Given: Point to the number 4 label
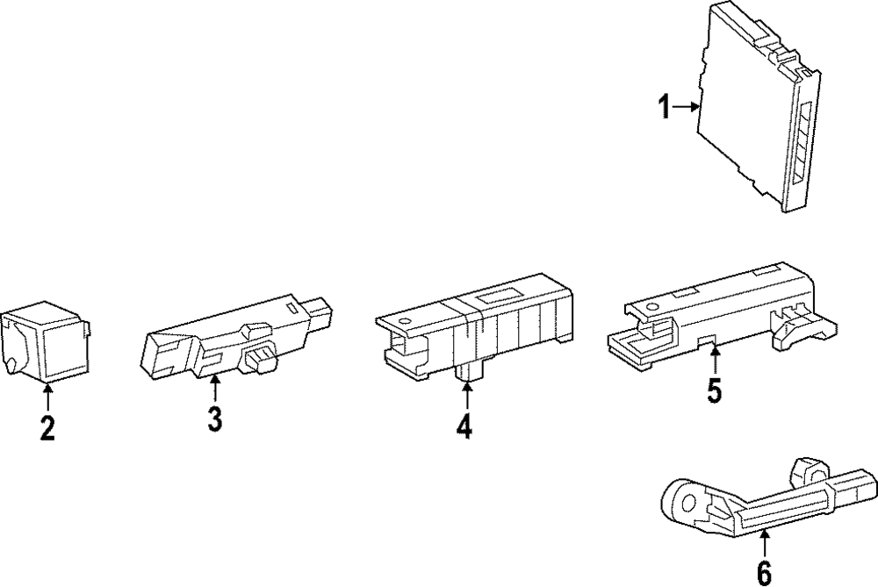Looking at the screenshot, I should [464, 426].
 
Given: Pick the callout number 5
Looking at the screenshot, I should [715, 390].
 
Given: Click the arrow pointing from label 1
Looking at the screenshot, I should [686, 108].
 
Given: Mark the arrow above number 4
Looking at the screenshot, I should [464, 397].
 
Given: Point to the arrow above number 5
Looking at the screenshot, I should [715, 361].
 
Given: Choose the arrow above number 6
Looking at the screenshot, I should [764, 544].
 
